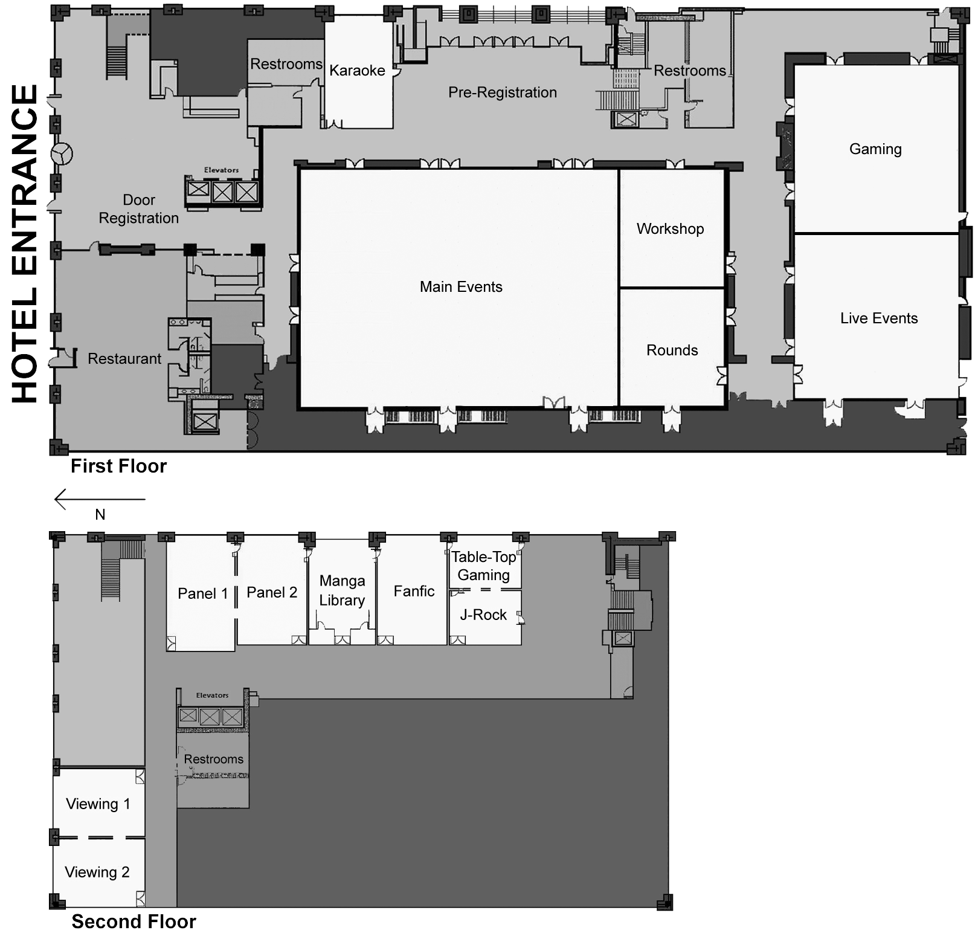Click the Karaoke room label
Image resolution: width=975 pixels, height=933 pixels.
[x=357, y=71]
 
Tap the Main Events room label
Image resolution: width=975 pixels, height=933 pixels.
[x=461, y=287]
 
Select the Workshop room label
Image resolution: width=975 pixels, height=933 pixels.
[x=670, y=229]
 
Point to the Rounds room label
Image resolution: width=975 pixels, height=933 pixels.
[x=672, y=350]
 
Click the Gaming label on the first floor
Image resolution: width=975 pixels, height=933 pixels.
[x=875, y=149]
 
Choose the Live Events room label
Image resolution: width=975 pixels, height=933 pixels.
[x=879, y=318]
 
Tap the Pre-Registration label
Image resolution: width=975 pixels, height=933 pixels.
[x=503, y=92]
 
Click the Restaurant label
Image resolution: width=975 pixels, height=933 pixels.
[x=124, y=359]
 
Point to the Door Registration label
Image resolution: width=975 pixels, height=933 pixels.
[x=139, y=209]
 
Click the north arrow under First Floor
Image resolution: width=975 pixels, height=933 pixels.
[x=100, y=499]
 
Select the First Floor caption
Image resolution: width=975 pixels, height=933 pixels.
[x=118, y=466]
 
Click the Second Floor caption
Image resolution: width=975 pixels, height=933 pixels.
[x=134, y=922]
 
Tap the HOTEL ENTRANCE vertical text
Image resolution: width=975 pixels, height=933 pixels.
[x=25, y=244]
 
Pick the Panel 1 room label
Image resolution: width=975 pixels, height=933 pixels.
[x=203, y=594]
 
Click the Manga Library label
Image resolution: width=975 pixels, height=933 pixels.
[x=342, y=590]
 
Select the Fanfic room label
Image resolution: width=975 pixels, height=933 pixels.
[x=414, y=591]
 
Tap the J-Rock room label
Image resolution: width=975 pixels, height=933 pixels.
[x=483, y=615]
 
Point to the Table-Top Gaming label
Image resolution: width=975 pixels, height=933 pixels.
[x=484, y=566]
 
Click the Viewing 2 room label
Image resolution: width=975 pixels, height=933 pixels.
[x=97, y=872]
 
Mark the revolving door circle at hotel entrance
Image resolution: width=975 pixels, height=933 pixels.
[x=61, y=153]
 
